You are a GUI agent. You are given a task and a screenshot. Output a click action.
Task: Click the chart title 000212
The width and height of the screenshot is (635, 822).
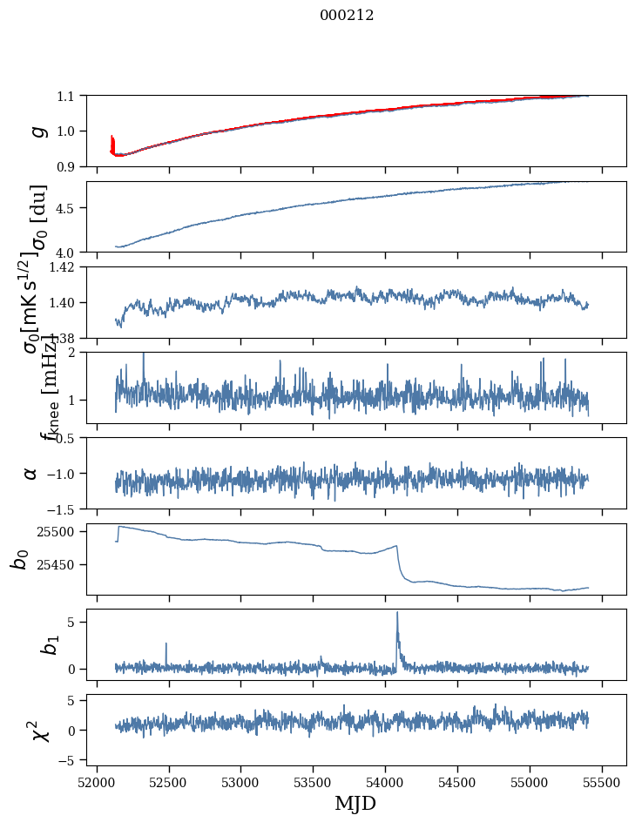click(347, 16)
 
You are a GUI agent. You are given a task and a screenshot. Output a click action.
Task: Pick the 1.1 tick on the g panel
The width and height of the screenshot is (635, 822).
click(69, 96)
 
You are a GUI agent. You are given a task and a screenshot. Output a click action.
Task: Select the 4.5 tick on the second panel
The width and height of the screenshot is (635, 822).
click(69, 208)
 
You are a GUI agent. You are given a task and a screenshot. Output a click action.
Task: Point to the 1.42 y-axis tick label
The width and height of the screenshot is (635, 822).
click(65, 267)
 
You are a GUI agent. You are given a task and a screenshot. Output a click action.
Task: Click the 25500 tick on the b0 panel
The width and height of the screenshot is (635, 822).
click(60, 531)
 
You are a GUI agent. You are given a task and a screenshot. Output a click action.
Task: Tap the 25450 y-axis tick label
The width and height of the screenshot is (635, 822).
click(60, 565)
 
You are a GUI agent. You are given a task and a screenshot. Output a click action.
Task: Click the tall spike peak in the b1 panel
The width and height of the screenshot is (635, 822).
click(397, 612)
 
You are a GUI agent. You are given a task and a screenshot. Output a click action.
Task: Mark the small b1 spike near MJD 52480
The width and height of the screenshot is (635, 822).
click(166, 644)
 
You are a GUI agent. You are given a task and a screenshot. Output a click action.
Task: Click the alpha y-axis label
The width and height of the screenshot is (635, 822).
click(30, 473)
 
